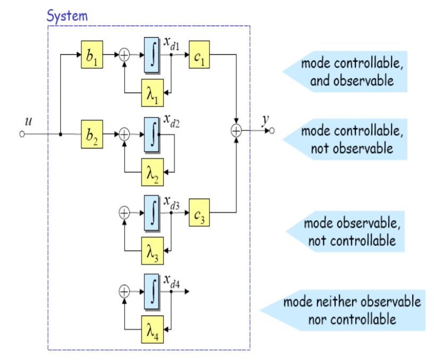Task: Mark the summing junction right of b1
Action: click(x=123, y=54)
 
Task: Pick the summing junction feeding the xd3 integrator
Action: click(x=123, y=213)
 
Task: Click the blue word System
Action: click(x=66, y=16)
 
